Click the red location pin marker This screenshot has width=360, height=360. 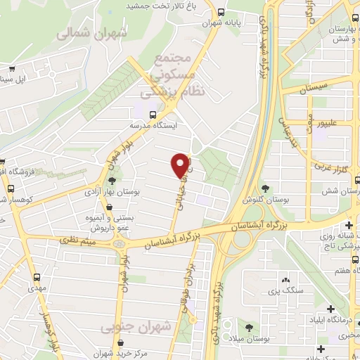coord(181,165)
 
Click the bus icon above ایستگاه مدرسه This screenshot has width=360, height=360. coord(153,112)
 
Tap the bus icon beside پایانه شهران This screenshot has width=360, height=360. coord(221,12)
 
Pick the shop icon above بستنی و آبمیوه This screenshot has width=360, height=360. coord(108,205)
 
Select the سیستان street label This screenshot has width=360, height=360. coord(313,89)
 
